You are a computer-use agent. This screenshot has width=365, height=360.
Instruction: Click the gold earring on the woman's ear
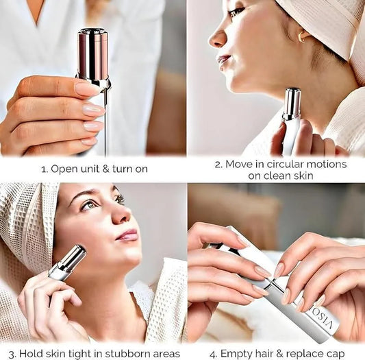click(303, 36)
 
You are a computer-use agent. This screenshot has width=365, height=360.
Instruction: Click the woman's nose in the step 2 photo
click(217, 38)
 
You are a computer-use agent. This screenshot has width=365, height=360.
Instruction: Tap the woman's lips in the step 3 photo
click(128, 235)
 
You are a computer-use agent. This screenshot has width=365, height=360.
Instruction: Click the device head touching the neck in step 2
click(292, 103)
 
